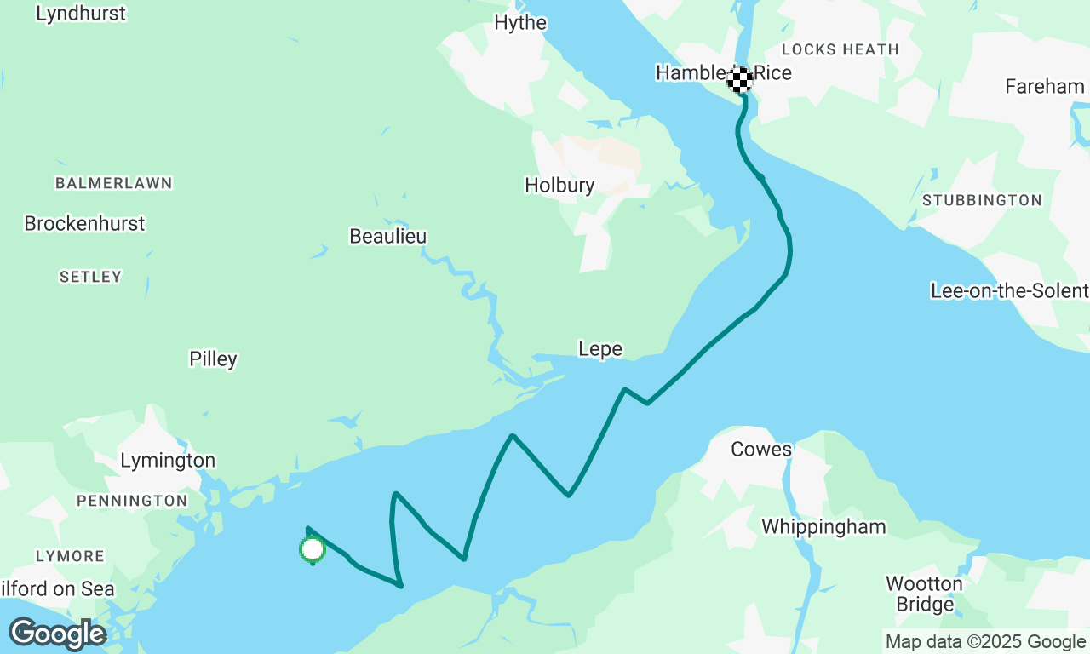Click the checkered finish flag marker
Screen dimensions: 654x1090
click(739, 80)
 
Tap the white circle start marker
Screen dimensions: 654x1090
click(313, 549)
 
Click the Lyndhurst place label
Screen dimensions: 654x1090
click(81, 14)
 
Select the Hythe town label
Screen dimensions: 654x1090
click(520, 23)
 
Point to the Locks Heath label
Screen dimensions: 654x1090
click(840, 49)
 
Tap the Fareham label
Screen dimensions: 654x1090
click(1044, 86)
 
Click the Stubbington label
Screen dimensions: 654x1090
click(982, 200)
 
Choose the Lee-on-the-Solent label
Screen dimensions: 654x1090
click(1009, 291)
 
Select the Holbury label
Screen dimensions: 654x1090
click(559, 185)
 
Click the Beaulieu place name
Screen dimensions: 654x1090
click(387, 236)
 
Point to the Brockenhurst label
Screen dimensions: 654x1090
click(84, 223)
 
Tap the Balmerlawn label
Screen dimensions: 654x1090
click(113, 183)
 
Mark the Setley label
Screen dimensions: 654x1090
click(90, 277)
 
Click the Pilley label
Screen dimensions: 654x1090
click(213, 359)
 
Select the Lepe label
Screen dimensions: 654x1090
click(599, 349)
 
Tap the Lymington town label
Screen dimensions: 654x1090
click(168, 461)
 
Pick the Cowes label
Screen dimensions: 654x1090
click(761, 449)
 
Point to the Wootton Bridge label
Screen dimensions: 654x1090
click(924, 594)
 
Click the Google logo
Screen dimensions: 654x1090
click(57, 634)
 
